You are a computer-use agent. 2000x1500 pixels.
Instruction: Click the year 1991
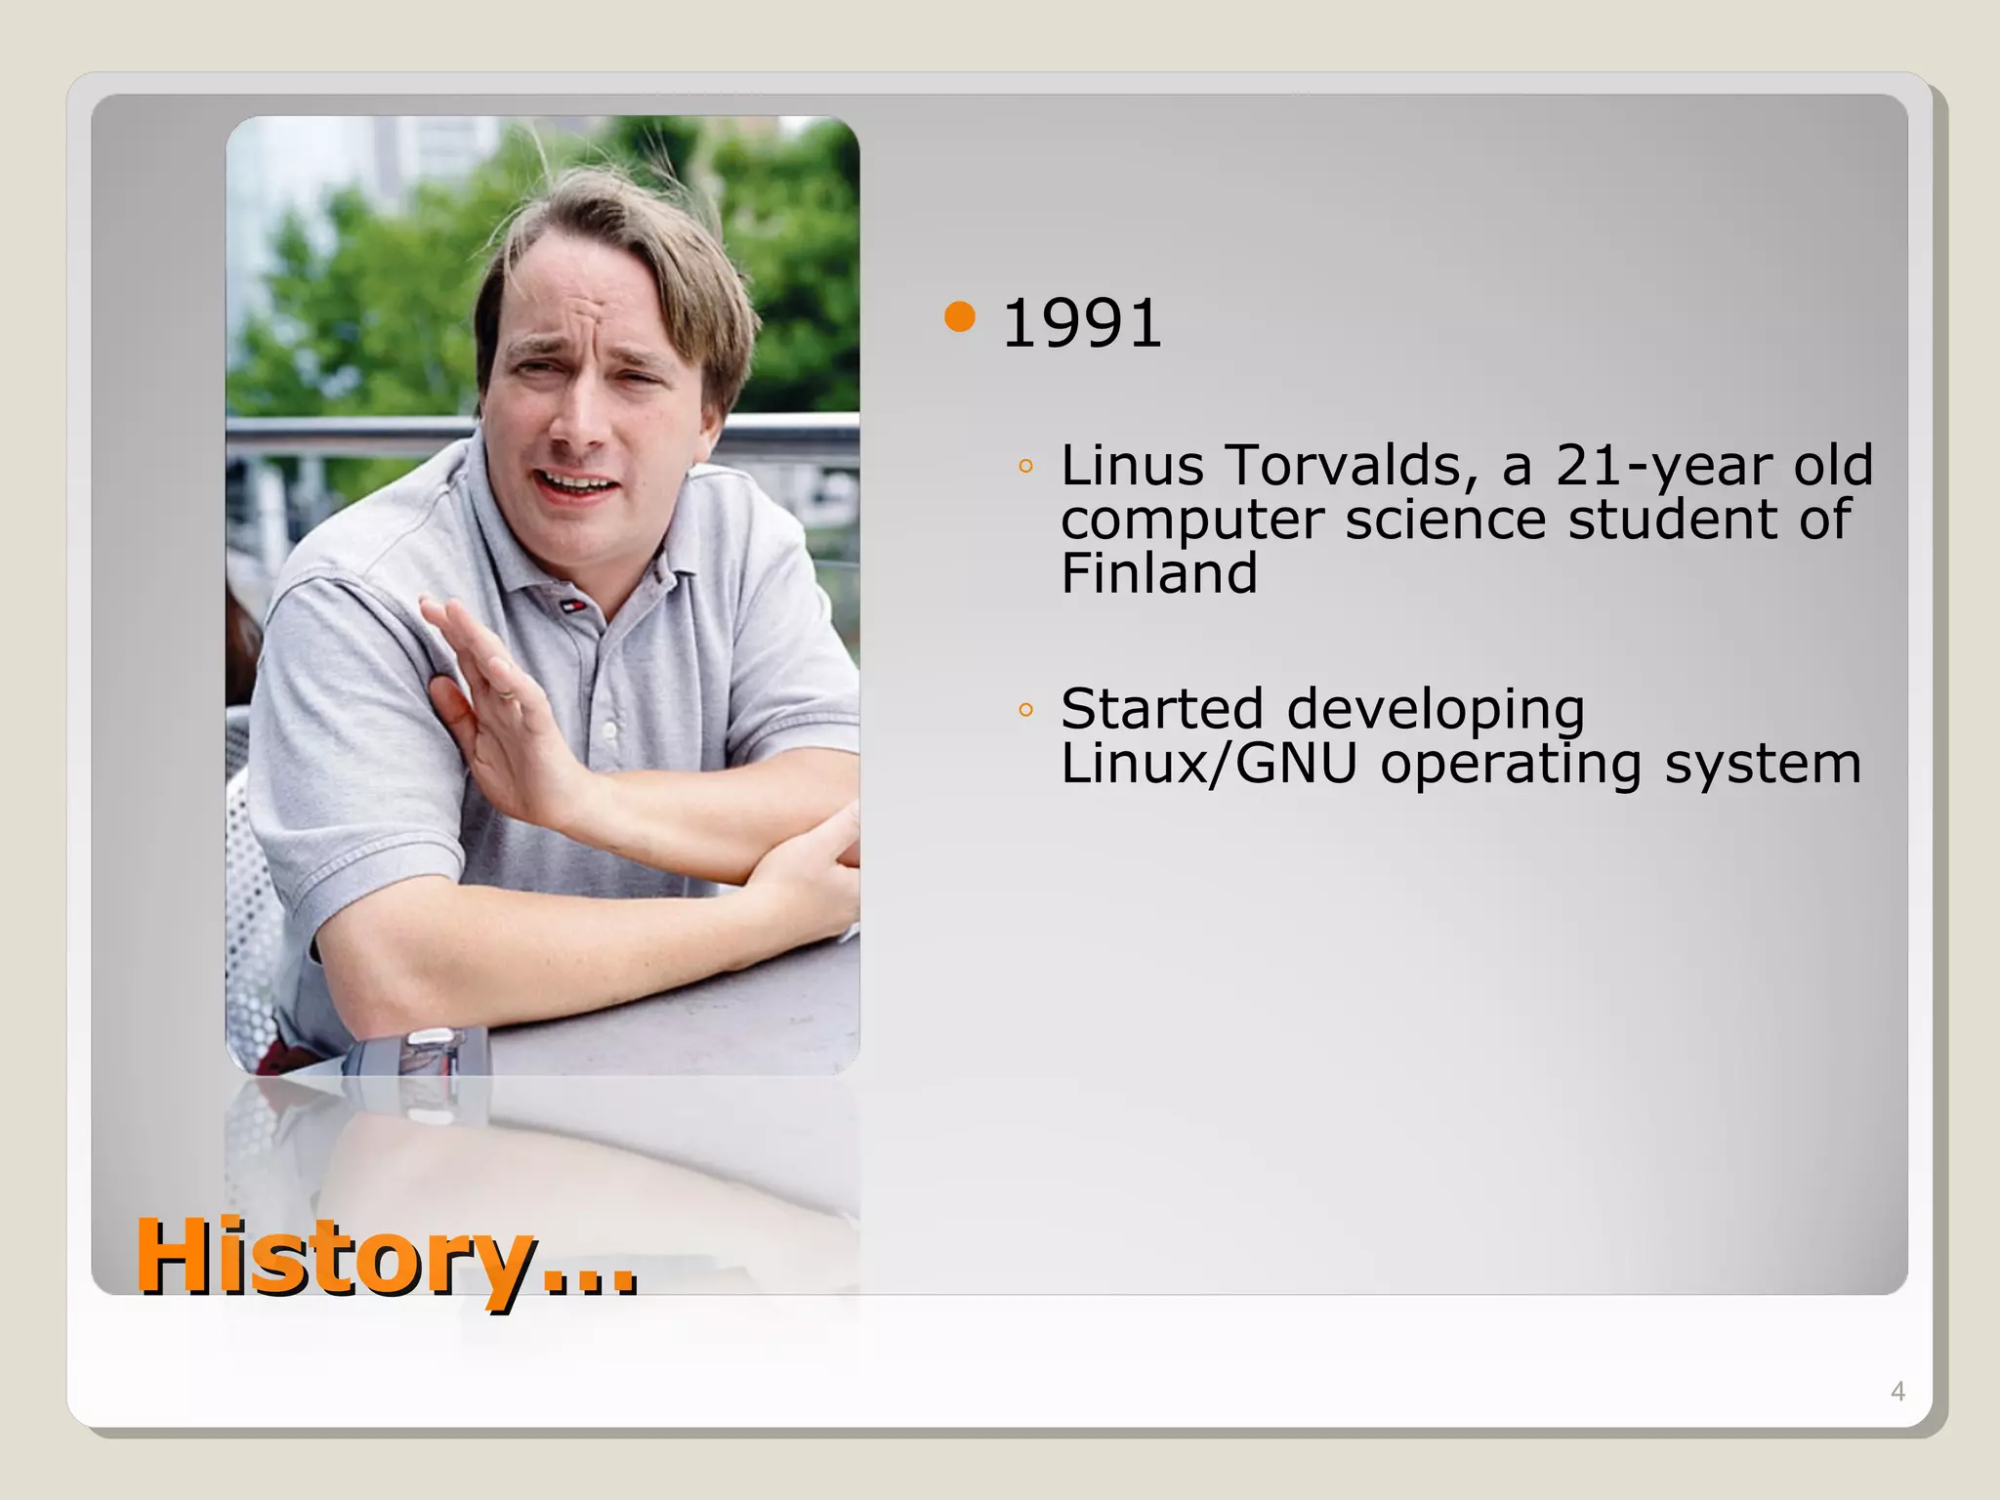pos(1082,324)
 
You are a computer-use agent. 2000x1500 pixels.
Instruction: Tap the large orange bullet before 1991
pos(961,317)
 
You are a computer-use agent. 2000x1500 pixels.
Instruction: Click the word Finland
pos(1158,573)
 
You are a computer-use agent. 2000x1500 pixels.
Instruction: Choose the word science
pos(1445,520)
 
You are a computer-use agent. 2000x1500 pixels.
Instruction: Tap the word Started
pos(1161,709)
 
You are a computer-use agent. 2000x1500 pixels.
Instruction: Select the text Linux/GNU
pos(1209,764)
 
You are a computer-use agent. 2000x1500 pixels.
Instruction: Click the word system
pos(1763,766)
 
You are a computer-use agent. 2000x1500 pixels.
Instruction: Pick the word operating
pos(1510,766)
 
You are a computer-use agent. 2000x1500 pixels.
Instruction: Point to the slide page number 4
pos(1897,1392)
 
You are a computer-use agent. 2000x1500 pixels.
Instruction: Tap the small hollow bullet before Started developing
pos(1024,710)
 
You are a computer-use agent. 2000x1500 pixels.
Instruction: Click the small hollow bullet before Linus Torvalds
pos(1024,467)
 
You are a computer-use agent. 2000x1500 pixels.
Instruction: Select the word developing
pos(1436,711)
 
